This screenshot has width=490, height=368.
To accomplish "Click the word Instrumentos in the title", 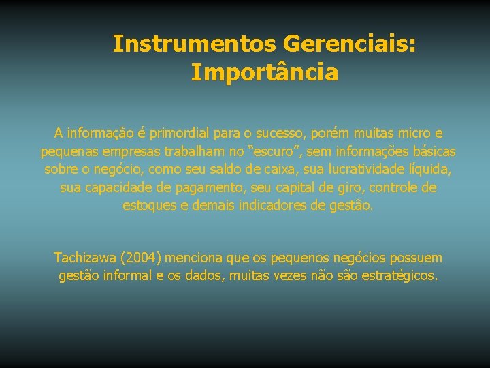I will (x=194, y=44).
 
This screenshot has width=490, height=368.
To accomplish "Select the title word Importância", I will (x=264, y=72).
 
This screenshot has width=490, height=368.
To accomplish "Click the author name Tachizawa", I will (x=84, y=258).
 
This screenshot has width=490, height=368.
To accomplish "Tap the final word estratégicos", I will (x=399, y=276).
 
